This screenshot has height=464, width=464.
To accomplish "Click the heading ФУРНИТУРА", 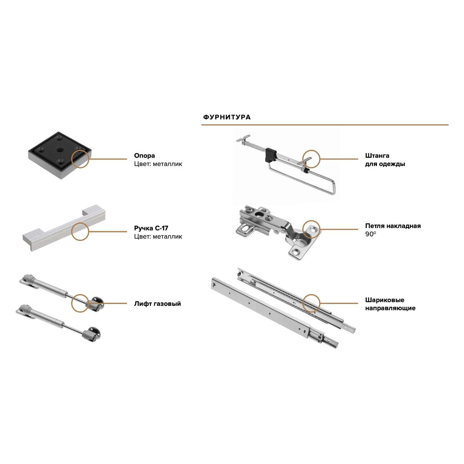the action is click(227, 117).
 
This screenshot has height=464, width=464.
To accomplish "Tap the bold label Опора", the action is click(145, 156).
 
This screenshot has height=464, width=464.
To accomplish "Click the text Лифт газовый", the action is click(157, 303).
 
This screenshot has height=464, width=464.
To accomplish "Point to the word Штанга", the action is click(377, 156).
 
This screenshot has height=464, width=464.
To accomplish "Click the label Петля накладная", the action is click(393, 226).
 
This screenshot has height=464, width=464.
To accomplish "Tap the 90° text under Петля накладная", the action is click(370, 234).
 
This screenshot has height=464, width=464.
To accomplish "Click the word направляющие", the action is click(390, 308).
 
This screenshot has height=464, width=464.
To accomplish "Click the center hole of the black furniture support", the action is click(60, 150).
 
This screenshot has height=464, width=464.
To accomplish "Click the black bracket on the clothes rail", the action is click(271, 155).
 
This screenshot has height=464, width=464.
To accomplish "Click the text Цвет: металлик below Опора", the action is click(158, 164).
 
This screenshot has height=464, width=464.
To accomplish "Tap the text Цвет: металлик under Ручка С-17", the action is click(158, 236).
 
